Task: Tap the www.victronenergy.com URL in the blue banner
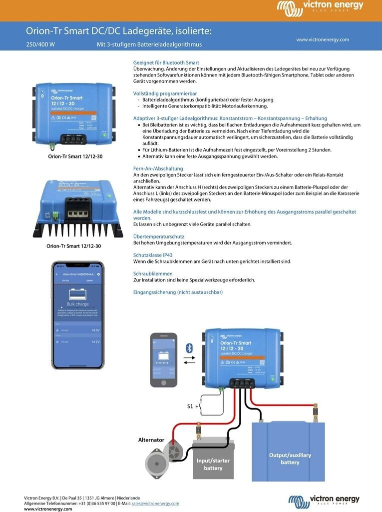point(322,39)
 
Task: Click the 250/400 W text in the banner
point(40,44)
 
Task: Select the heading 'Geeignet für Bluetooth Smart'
point(166,62)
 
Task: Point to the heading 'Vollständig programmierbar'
point(165,93)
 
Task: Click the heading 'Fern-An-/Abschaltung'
point(158,168)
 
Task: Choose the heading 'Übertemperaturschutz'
point(159,236)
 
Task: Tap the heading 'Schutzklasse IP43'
point(153,255)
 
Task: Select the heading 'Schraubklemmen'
point(153,273)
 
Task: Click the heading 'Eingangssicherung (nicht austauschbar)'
point(178,292)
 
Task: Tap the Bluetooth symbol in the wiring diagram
point(189,348)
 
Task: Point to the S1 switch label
point(190,406)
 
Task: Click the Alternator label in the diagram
point(151,440)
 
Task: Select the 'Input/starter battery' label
point(213,464)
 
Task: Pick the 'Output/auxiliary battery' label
point(290,458)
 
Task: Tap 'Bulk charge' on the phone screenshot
point(78,304)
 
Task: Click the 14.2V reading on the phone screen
point(95,341)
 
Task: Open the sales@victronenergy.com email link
point(155,503)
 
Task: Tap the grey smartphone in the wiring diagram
point(164,359)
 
